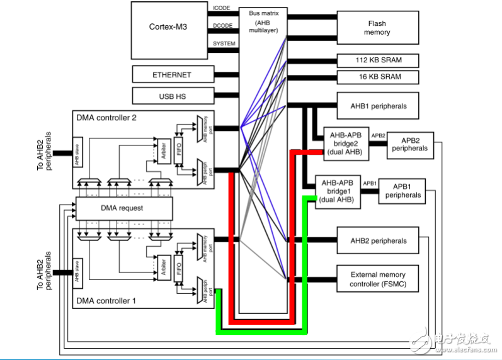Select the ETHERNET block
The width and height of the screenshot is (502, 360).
(x=171, y=75)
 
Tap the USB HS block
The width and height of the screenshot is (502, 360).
(x=171, y=96)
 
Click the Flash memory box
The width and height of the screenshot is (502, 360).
(x=377, y=28)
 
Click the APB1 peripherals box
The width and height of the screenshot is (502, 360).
(x=402, y=191)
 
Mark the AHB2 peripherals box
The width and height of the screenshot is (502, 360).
(x=378, y=241)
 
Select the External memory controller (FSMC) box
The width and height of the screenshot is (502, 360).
(x=378, y=279)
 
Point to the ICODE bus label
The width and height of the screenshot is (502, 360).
(x=224, y=8)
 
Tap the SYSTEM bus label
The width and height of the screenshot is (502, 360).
(x=224, y=43)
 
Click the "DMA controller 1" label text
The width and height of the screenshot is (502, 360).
(x=106, y=301)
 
